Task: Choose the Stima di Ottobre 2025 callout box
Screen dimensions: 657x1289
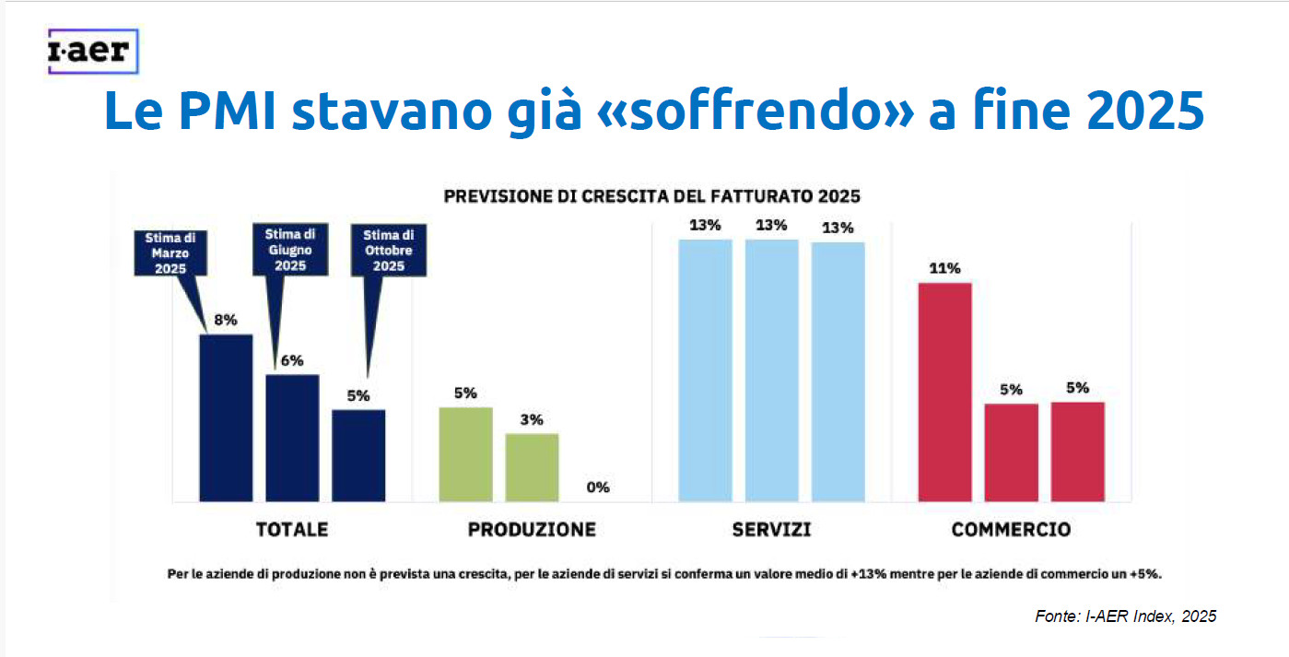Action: pos(389,251)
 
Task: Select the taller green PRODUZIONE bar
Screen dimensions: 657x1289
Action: pos(465,454)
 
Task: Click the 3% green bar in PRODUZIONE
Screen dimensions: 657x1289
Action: pos(532,467)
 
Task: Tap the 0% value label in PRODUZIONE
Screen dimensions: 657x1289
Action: pos(598,487)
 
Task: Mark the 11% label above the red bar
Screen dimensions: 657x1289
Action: pos(945,269)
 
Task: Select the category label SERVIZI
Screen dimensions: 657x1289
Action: pos(771,530)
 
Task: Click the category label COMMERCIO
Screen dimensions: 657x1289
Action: pos(1011,530)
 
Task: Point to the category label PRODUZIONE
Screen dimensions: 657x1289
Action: pos(532,530)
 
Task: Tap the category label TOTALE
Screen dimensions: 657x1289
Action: pos(291,530)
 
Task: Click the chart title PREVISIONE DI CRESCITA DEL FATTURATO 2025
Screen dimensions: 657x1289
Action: pos(651,196)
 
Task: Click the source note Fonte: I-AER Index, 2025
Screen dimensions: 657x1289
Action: pos(1125,616)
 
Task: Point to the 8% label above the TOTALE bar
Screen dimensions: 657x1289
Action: pos(226,321)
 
